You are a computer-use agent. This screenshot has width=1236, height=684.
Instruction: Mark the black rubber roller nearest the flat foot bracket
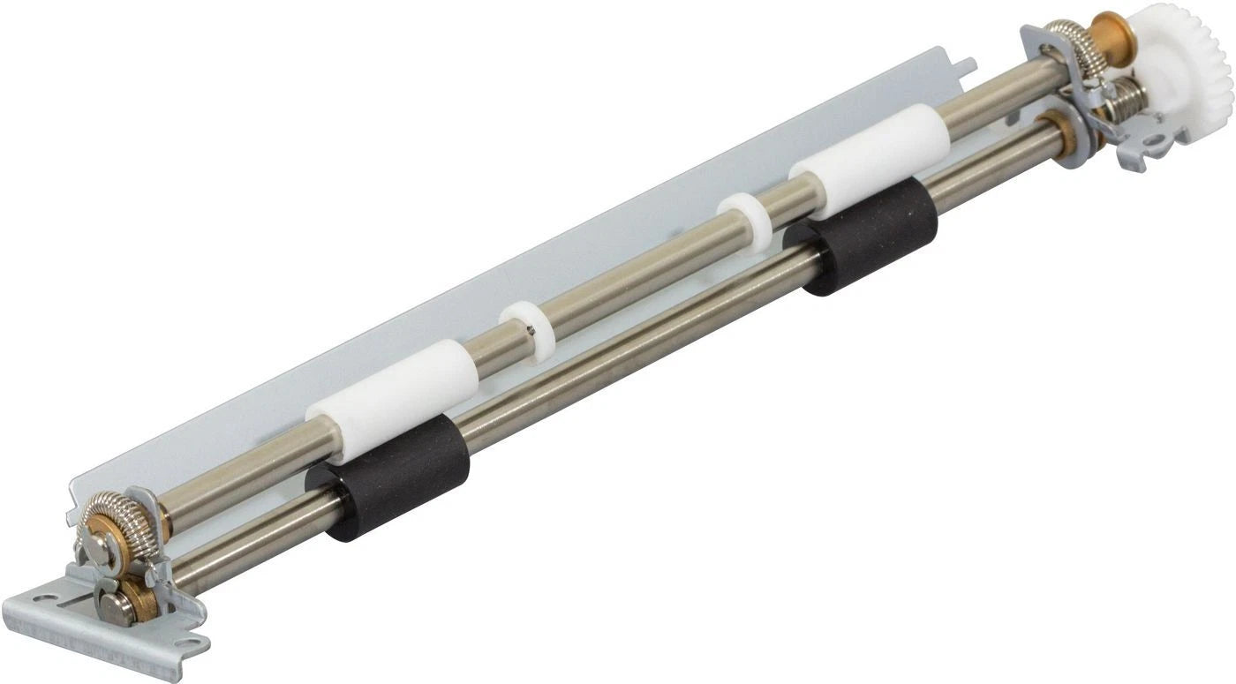pyautogui.click(x=388, y=477)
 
